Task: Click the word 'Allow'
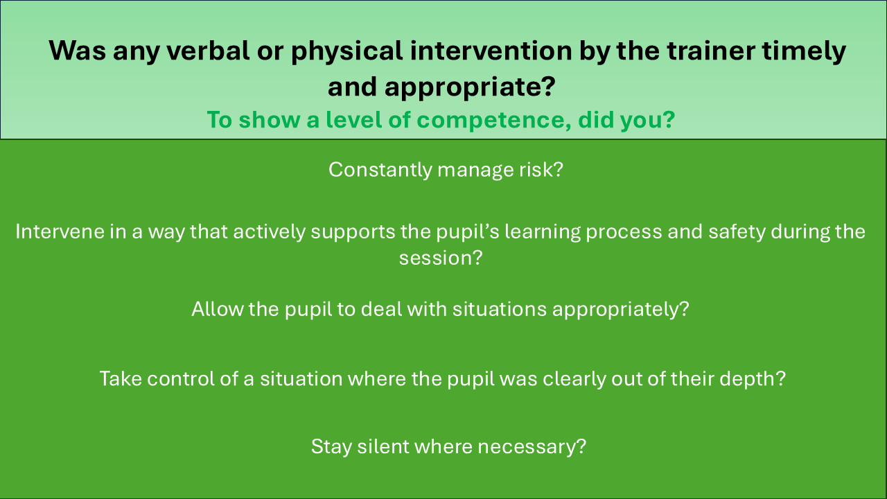(218, 309)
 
